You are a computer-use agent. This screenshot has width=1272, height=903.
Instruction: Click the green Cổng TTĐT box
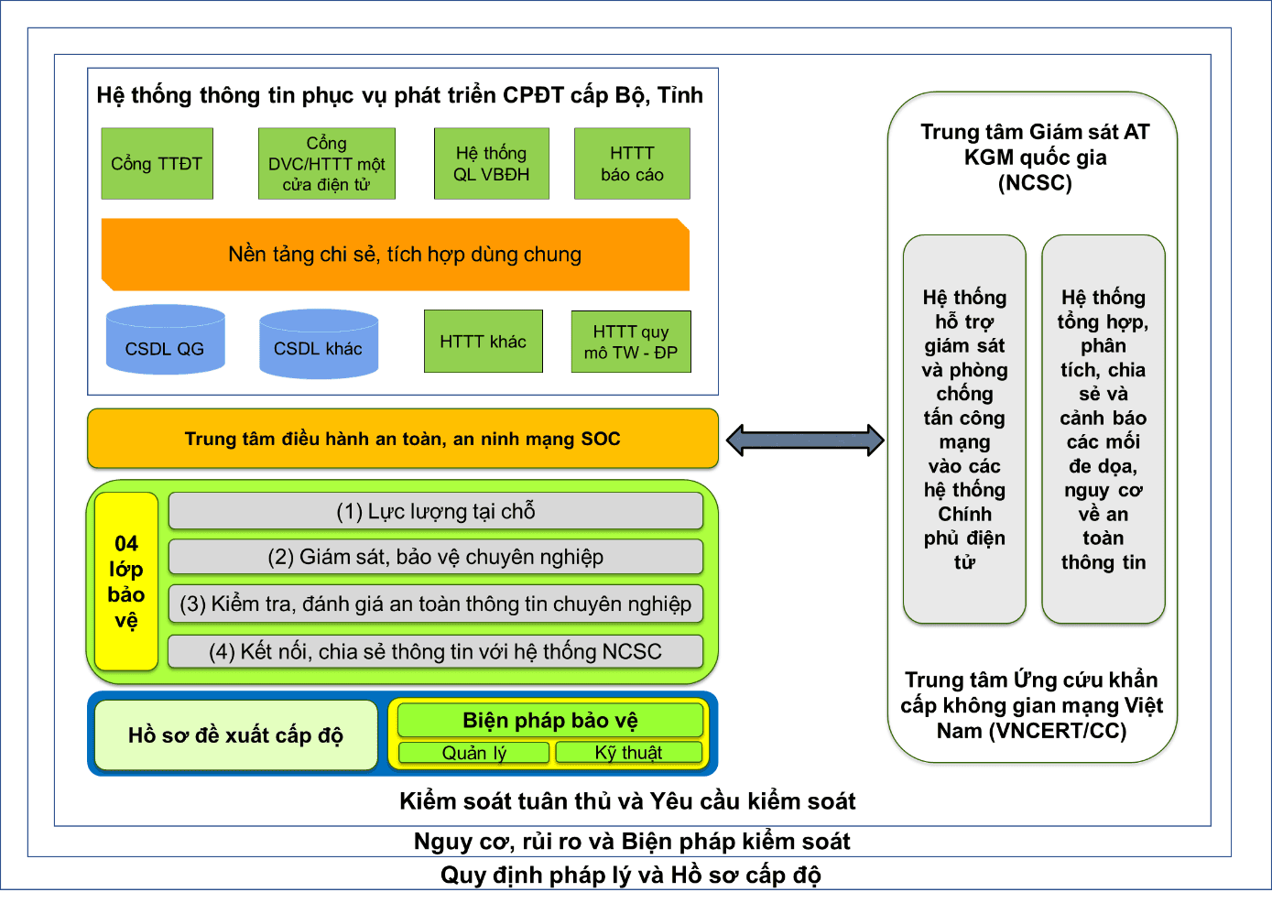(157, 164)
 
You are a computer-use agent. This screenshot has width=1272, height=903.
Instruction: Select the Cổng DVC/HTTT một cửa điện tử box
(327, 164)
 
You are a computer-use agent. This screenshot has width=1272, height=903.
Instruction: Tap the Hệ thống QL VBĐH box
(492, 164)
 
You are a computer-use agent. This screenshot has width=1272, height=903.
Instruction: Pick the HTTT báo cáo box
(632, 164)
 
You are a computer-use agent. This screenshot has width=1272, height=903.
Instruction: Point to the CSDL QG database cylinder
(166, 341)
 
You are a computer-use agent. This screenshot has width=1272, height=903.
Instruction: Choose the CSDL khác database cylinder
(319, 344)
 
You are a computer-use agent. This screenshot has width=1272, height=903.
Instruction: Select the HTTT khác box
(484, 342)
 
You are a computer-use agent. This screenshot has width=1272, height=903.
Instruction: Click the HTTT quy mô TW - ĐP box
(631, 342)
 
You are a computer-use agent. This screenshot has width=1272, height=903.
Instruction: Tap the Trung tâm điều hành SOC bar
(403, 439)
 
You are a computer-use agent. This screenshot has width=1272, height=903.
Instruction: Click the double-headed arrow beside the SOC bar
(805, 441)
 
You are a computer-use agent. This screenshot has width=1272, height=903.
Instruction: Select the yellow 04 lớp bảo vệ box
(126, 582)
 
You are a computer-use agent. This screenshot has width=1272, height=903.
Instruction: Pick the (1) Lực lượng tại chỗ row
(436, 511)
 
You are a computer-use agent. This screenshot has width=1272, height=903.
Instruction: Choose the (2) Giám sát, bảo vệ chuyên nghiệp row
(436, 557)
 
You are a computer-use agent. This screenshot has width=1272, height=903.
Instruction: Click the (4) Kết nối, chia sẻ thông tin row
(436, 651)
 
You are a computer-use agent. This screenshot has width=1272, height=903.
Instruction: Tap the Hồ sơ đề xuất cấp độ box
(235, 735)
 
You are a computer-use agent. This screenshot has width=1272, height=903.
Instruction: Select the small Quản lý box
(474, 753)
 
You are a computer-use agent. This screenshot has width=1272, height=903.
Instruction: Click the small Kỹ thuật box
(629, 753)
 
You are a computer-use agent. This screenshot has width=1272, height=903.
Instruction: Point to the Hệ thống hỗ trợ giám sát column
(964, 429)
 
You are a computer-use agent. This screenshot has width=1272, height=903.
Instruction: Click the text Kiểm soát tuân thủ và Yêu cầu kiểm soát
(627, 801)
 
